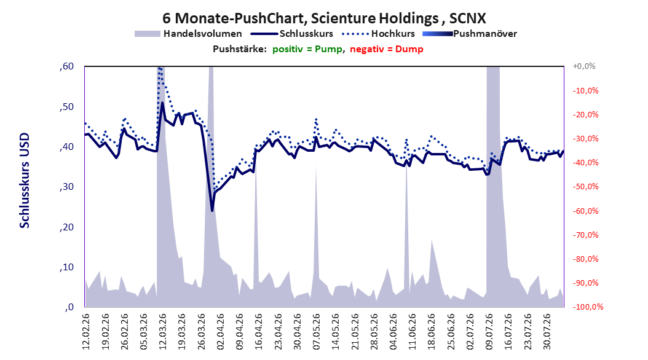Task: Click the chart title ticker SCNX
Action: [x=467, y=18]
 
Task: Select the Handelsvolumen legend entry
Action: [x=188, y=34]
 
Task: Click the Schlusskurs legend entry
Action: [x=292, y=34]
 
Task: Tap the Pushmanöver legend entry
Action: [x=470, y=34]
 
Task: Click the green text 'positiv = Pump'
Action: [x=307, y=49]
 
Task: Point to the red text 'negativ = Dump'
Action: [x=387, y=49]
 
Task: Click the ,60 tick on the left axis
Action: [x=66, y=66]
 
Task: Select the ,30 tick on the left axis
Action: [x=66, y=187]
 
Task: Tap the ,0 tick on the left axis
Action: [x=69, y=307]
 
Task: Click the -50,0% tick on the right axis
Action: [x=585, y=187]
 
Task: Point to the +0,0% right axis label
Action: [x=584, y=66]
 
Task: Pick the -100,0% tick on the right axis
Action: [x=588, y=307]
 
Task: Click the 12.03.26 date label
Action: [x=162, y=332]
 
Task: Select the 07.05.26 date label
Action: [x=317, y=332]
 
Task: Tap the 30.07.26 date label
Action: [x=547, y=332]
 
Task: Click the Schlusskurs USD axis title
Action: [x=25, y=181]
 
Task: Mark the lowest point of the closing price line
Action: [x=212, y=211]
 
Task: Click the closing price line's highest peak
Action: [x=162, y=103]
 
